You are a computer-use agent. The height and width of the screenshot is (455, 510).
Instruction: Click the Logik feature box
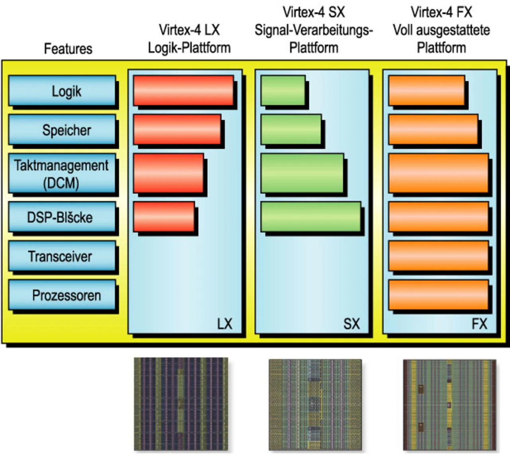[x=62, y=91]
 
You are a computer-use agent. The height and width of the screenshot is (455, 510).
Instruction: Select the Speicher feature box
[x=62, y=130]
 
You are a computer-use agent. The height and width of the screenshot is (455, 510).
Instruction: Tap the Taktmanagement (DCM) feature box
[x=62, y=173]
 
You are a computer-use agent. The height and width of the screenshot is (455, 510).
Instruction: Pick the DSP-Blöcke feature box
[x=62, y=217]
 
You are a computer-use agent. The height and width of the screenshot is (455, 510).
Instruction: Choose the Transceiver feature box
[x=62, y=256]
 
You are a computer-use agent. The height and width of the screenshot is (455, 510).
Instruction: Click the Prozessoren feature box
[x=62, y=295]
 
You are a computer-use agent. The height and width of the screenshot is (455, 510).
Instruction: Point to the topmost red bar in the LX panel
[x=183, y=91]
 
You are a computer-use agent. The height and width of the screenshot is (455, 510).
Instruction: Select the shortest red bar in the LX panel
[x=164, y=217]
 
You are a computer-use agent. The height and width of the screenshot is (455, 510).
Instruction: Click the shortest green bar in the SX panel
[x=283, y=91]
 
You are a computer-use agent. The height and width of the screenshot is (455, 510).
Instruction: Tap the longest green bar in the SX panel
[x=311, y=217]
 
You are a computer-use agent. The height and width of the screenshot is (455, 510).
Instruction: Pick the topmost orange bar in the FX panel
[x=426, y=91]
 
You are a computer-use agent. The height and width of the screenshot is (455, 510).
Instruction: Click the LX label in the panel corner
[x=224, y=323]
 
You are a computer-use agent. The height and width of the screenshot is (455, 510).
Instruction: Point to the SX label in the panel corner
[x=351, y=323]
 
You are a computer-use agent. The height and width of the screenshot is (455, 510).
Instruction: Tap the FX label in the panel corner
[x=479, y=323]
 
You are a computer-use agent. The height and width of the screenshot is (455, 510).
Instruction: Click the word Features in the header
[x=68, y=49]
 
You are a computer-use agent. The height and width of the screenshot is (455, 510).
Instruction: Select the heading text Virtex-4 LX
[x=189, y=30]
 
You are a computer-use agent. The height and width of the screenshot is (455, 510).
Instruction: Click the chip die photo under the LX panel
[x=181, y=404]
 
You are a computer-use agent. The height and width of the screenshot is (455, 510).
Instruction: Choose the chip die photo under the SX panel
[x=315, y=405]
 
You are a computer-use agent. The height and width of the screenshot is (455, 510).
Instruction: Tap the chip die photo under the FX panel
[x=449, y=405]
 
